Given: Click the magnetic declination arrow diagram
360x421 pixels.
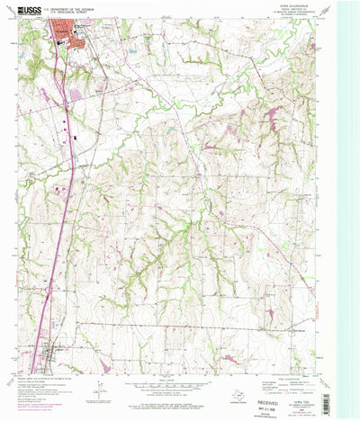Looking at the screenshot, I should (98, 399).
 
